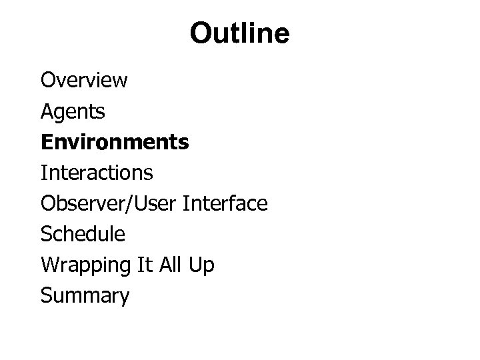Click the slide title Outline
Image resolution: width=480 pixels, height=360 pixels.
coord(239,33)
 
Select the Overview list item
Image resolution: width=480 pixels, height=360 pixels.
coord(84,81)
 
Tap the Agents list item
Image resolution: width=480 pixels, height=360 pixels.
coord(73,111)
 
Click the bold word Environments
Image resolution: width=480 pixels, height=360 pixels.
coord(115,142)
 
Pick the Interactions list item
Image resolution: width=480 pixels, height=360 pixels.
coord(97,173)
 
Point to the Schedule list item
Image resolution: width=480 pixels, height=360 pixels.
coord(83,234)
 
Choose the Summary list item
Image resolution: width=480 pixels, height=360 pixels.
coord(85,295)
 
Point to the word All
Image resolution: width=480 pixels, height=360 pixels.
coord(169,265)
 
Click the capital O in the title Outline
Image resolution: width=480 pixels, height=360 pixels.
coord(201,33)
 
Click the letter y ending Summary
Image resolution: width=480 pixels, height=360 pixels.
coord(123,297)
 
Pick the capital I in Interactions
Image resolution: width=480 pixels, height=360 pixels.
coord(43,173)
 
